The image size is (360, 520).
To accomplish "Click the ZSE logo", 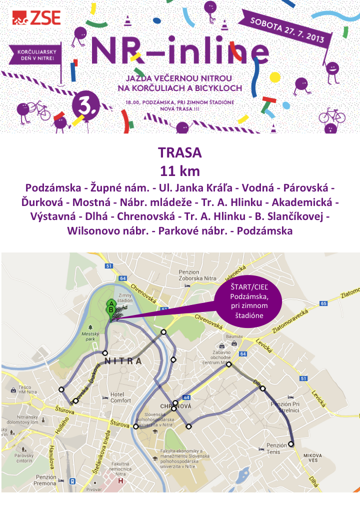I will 36,18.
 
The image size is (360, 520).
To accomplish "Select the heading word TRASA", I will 179,152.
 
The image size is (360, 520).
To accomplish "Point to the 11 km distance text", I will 179,171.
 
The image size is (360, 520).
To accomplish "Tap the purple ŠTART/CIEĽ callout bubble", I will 248,301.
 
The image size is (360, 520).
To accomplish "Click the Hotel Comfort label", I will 120,397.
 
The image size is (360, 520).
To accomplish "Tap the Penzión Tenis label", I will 276,448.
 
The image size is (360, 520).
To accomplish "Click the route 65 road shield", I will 323,303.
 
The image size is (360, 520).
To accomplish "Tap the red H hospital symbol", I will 120,481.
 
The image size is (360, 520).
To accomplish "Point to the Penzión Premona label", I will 46,480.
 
